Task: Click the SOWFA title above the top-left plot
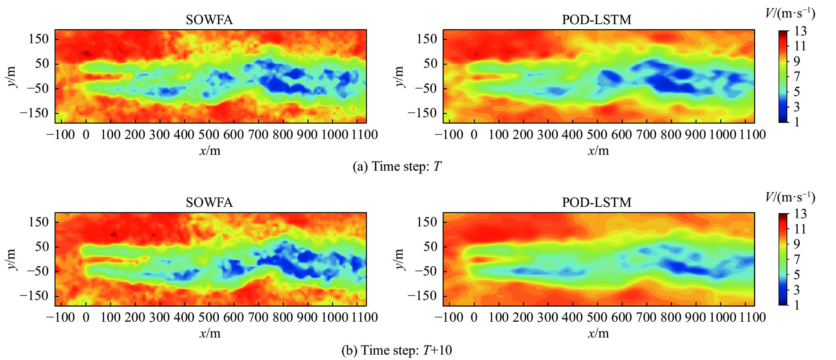click(209, 20)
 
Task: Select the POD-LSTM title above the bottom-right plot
click(597, 202)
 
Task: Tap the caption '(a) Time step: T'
click(397, 166)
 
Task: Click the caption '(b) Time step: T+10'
click(397, 350)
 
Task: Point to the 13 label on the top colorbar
click(800, 31)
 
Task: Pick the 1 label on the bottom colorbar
click(797, 305)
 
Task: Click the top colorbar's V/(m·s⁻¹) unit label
click(790, 14)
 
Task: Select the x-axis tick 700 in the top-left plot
click(258, 134)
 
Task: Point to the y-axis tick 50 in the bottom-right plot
click(430, 246)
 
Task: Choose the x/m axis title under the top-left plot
click(210, 151)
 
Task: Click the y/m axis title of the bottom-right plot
click(399, 259)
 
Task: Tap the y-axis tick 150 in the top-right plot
click(427, 39)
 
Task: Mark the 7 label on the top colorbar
click(797, 77)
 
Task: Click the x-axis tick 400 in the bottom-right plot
click(572, 317)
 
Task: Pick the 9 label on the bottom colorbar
click(797, 244)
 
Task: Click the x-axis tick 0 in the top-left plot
click(86, 134)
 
